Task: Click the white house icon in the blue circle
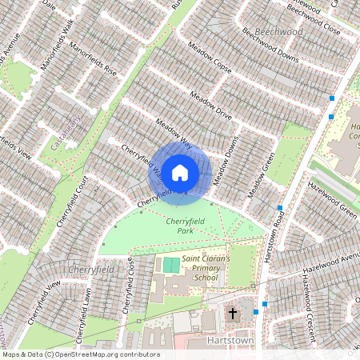180,171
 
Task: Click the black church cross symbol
233,314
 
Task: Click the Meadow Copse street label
210,58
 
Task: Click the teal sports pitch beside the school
171,265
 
